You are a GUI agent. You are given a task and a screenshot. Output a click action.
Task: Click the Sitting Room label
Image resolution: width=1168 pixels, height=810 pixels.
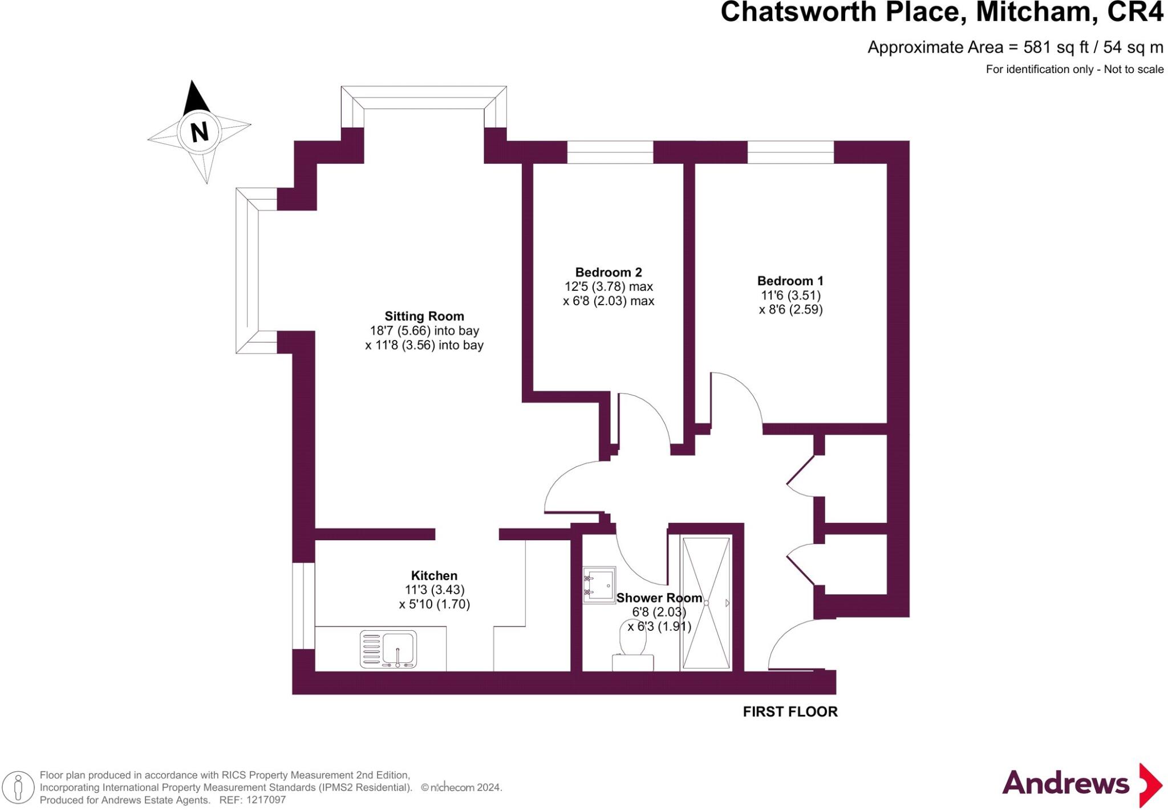(x=424, y=316)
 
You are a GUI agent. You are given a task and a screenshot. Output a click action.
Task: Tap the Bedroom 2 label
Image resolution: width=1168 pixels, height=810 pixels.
(x=608, y=272)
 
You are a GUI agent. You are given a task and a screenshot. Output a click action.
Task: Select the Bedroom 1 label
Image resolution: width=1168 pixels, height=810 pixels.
(x=790, y=281)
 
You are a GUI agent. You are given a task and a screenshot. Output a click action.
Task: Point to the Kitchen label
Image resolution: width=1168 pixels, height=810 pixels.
(x=434, y=576)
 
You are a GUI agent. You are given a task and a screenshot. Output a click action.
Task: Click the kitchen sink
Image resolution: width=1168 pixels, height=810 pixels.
(x=388, y=649)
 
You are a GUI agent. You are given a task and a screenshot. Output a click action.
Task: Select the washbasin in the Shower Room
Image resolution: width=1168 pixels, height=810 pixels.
(x=599, y=585)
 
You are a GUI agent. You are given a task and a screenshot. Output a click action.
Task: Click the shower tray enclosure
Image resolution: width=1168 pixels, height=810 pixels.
(x=706, y=603)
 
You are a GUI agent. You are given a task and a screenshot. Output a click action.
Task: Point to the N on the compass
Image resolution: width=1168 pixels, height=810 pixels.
(x=199, y=132)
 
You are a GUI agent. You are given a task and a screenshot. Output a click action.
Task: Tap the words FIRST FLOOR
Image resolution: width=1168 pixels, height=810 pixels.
(x=790, y=712)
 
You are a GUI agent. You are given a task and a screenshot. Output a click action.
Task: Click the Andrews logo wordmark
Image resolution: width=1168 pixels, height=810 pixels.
(x=1065, y=783)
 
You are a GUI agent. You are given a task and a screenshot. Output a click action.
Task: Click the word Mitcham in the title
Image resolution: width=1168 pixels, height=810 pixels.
(x=1037, y=13)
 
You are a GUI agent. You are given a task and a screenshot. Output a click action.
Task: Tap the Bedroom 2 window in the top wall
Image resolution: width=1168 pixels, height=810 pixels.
(x=610, y=152)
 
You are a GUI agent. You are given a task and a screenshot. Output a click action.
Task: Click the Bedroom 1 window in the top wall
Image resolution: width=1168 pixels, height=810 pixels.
(x=790, y=152)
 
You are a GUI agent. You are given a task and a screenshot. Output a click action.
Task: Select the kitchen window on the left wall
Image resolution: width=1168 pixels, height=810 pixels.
(x=303, y=605)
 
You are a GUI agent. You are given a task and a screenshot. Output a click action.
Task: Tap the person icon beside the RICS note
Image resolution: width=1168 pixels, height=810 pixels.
(x=18, y=788)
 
